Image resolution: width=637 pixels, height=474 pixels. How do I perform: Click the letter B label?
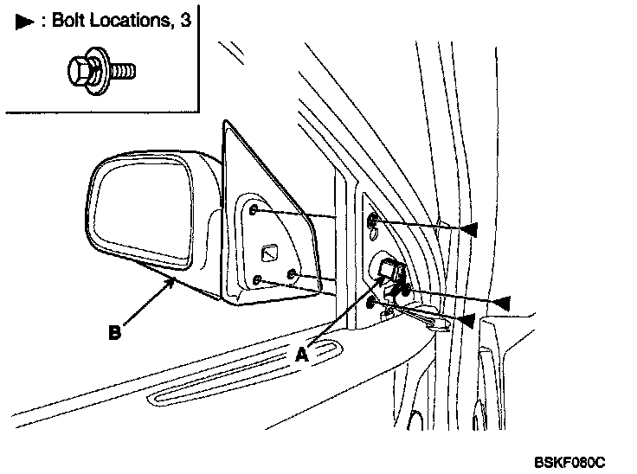114,330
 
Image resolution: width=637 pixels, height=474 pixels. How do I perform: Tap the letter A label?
302,353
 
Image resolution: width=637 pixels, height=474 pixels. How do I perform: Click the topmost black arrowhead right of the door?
468,228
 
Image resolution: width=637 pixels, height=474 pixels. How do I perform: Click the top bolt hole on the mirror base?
252,210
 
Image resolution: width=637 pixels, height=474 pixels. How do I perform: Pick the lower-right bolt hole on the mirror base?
291,276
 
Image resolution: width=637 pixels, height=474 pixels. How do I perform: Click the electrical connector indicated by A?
391,275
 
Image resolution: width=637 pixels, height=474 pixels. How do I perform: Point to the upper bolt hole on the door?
372,222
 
